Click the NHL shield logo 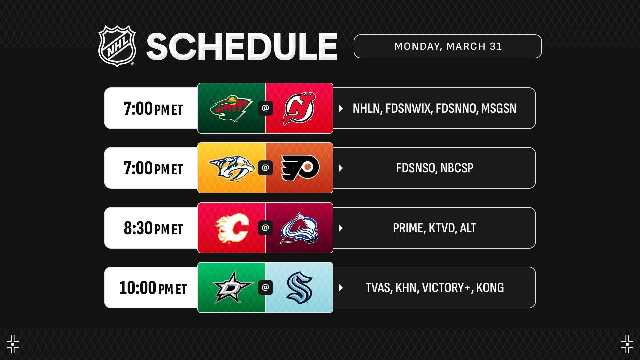(117, 46)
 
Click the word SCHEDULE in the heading (242, 47)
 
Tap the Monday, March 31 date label (448, 46)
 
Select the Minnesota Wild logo (231, 109)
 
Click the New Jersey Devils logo (299, 109)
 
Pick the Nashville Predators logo (231, 168)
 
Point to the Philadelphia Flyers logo (300, 168)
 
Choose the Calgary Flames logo (232, 228)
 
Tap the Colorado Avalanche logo (299, 228)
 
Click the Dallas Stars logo (233, 287)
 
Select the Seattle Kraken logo (299, 288)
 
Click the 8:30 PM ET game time (153, 228)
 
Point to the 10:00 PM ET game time (153, 288)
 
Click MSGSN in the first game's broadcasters (499, 108)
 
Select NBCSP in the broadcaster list (457, 168)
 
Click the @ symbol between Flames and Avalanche (265, 228)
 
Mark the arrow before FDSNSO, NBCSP (341, 168)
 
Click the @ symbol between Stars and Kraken (265, 287)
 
